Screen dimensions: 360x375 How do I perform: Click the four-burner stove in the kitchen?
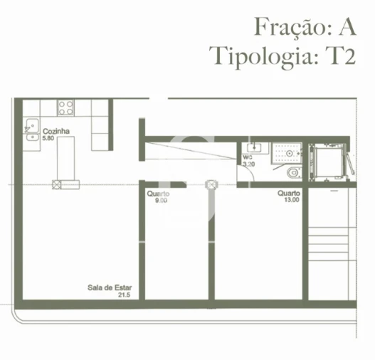point(66,107)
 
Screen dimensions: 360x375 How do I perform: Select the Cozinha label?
point(55,132)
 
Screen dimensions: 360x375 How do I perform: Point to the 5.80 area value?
point(48,138)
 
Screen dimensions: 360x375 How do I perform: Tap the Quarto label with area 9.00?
point(158,194)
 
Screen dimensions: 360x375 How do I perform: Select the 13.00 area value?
point(291,200)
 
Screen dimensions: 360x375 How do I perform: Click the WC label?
point(248,157)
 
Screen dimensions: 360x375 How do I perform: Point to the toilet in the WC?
point(292,173)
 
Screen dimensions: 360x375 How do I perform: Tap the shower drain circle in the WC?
point(290,153)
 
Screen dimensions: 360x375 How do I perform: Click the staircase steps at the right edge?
point(330,242)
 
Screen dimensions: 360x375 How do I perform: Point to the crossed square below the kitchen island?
point(56,184)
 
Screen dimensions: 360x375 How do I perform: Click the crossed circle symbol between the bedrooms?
point(210,184)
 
